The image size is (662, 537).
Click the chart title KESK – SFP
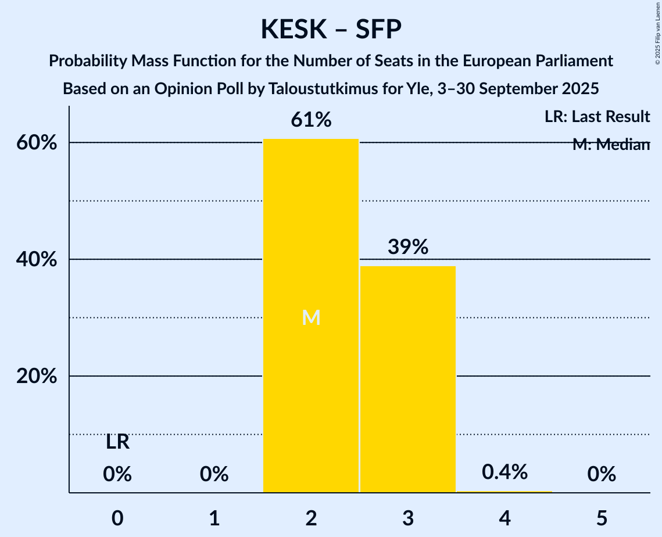click(331, 29)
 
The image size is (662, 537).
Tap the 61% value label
click(311, 120)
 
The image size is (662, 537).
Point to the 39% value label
click(408, 247)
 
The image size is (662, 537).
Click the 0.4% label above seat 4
click(504, 472)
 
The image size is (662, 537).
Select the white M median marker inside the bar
click(312, 317)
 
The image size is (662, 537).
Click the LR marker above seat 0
click(117, 443)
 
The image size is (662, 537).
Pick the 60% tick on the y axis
click(37, 143)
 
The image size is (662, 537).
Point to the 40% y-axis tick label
click(37, 260)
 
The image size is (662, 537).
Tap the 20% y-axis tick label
click(37, 377)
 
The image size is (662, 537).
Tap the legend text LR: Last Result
click(597, 117)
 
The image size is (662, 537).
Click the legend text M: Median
click(611, 145)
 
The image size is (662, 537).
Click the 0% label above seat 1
click(214, 475)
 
